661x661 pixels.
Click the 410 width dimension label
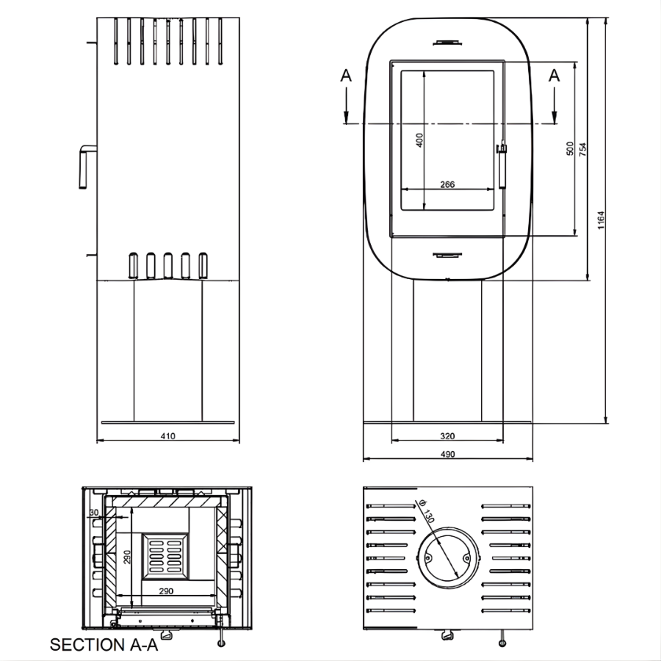(x=167, y=436)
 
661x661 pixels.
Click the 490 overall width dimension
(x=447, y=454)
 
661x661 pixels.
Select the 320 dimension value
(x=447, y=436)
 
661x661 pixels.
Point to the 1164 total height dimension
(x=601, y=220)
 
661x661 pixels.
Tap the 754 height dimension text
(x=583, y=150)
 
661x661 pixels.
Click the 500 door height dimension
(x=570, y=149)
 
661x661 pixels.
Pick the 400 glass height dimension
(x=419, y=140)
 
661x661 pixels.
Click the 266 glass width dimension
(x=447, y=184)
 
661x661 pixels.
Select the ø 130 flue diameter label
(x=426, y=510)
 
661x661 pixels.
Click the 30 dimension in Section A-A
(x=93, y=513)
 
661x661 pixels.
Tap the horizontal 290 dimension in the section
(x=166, y=591)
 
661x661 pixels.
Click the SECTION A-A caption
(x=104, y=645)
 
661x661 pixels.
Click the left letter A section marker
(x=346, y=76)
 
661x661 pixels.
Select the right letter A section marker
(x=554, y=76)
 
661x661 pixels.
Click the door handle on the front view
(x=502, y=166)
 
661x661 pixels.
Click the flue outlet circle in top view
(x=448, y=557)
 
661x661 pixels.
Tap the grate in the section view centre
(x=165, y=557)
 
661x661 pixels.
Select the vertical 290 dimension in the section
(x=127, y=557)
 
